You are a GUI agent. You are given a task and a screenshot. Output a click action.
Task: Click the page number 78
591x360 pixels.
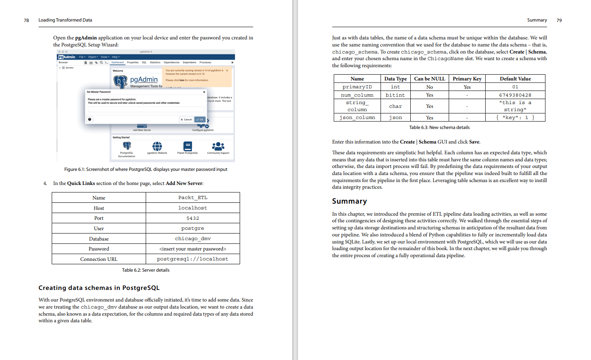pos(27,20)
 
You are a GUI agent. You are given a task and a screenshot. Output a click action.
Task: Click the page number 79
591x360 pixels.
pos(559,20)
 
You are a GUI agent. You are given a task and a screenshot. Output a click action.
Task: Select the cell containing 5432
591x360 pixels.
pos(193,218)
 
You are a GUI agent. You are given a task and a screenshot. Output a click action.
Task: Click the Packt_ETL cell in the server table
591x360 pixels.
pos(193,198)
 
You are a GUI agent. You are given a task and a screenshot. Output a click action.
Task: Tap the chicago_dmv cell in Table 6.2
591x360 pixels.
pos(193,238)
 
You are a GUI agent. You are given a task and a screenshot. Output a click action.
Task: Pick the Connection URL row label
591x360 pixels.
pos(99,259)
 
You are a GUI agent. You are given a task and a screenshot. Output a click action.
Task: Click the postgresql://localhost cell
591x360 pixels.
pos(193,259)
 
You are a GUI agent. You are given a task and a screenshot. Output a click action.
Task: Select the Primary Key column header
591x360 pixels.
pos(467,79)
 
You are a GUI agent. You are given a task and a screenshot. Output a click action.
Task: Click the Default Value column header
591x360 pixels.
pos(515,79)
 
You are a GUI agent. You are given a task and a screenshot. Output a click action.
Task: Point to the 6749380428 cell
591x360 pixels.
pos(515,95)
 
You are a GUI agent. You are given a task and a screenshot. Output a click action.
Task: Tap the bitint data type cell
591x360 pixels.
pos(395,95)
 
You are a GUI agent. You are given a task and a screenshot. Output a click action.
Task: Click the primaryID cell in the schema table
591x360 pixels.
pos(357,87)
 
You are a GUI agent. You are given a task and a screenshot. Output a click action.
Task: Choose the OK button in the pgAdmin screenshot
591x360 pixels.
pos(200,119)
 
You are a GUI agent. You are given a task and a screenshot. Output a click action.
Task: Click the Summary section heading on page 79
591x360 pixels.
pos(349,201)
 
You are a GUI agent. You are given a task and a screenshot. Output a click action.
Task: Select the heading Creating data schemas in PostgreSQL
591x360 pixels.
pos(99,288)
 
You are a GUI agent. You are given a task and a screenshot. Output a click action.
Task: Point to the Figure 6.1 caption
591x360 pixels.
pos(145,169)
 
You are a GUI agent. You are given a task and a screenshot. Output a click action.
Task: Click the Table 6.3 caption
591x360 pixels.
pos(439,127)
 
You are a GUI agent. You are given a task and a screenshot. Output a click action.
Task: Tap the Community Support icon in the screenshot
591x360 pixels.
pos(218,146)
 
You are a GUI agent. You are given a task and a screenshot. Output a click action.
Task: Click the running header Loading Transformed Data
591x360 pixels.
pos(65,20)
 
